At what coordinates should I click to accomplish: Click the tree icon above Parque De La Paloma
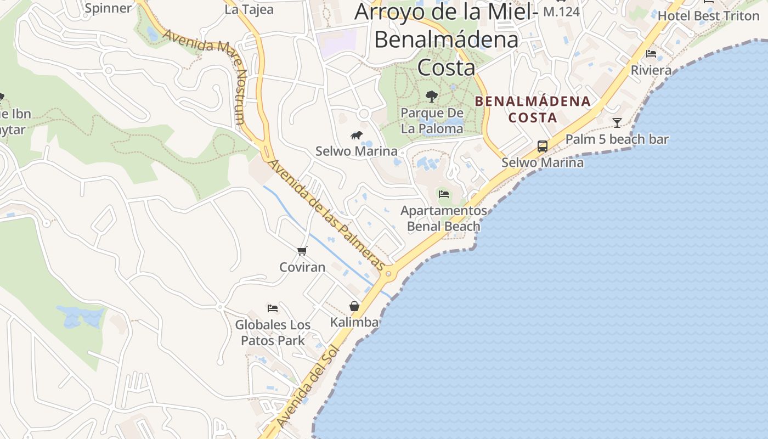(432, 97)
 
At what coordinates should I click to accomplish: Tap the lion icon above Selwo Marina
(357, 135)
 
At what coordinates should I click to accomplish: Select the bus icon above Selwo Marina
(543, 146)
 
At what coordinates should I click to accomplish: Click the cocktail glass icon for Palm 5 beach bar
(617, 122)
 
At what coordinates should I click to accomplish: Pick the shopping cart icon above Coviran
(302, 251)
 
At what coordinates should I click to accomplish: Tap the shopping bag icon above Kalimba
(354, 306)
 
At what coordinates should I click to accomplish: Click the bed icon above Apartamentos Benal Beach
(444, 194)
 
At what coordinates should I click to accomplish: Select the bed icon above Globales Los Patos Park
(273, 308)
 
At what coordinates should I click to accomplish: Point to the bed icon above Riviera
(651, 54)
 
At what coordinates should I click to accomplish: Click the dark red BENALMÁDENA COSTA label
(532, 109)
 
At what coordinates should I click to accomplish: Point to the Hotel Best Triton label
(708, 15)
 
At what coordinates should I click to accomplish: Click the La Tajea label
(249, 9)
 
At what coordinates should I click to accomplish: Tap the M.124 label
(561, 11)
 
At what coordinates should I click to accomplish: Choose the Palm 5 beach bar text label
(617, 139)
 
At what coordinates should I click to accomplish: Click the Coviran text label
(302, 267)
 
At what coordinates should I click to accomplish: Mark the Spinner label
(109, 8)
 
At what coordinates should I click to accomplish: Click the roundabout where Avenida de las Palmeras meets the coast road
(388, 273)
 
